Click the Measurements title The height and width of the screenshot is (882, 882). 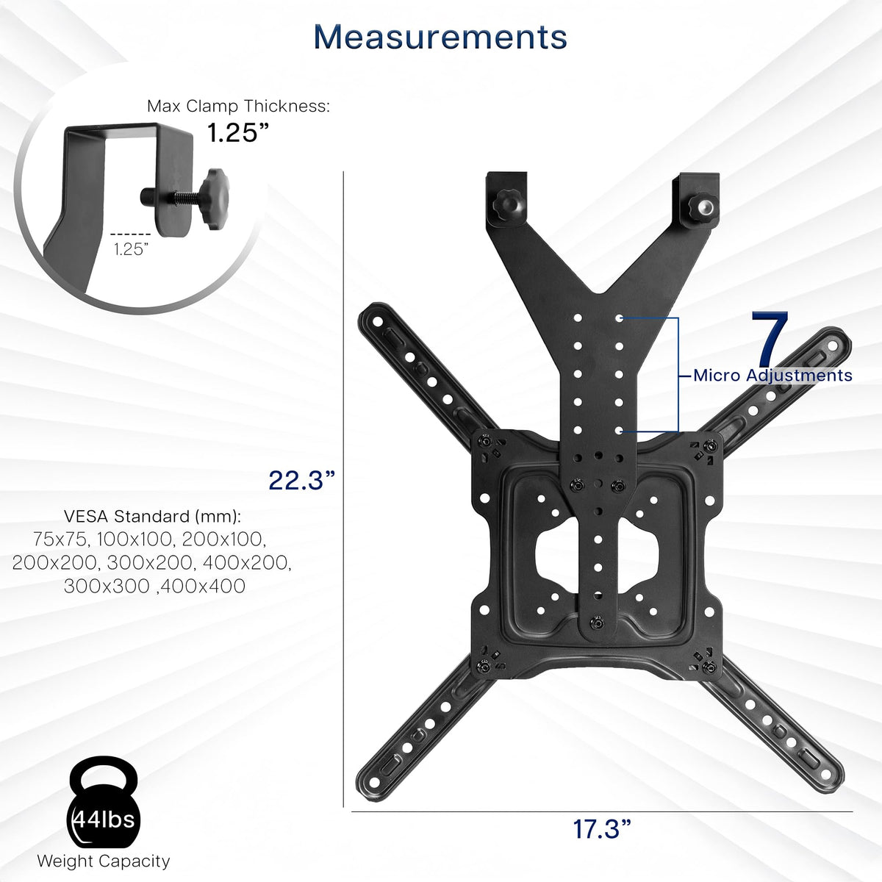pyautogui.click(x=440, y=37)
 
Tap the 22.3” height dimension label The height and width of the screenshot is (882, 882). pyautogui.click(x=301, y=480)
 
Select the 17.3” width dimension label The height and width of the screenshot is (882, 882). pyautogui.click(x=602, y=829)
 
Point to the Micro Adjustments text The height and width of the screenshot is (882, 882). pyautogui.click(x=772, y=376)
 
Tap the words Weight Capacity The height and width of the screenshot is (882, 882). pyautogui.click(x=104, y=861)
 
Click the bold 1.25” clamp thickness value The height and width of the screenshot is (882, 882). pyautogui.click(x=237, y=133)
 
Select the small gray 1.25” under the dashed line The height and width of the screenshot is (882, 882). pyautogui.click(x=131, y=249)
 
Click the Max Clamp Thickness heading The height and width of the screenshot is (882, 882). pyautogui.click(x=238, y=106)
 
